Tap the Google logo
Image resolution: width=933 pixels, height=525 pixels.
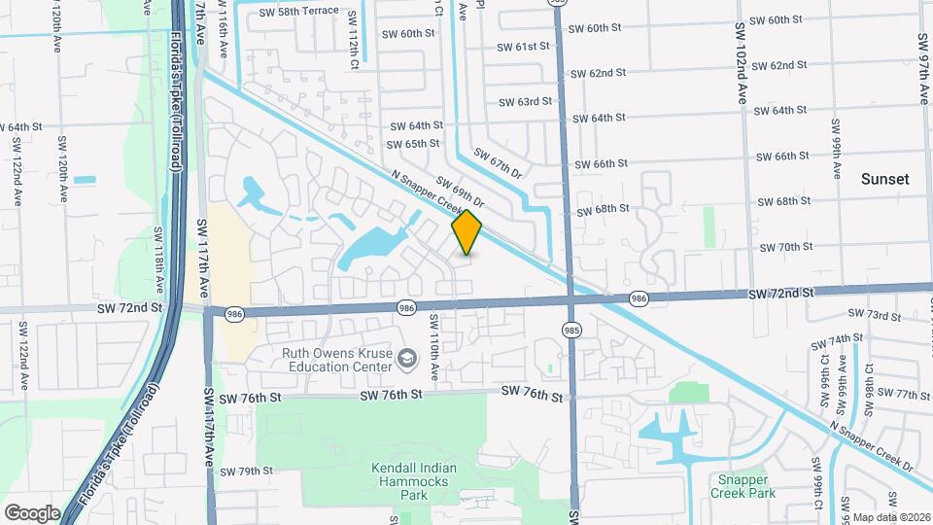(x=32, y=512)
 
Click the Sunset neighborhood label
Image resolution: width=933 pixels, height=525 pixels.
(x=884, y=179)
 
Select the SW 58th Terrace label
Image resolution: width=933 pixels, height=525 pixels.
(x=300, y=11)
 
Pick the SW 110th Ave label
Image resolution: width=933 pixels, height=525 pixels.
(x=434, y=347)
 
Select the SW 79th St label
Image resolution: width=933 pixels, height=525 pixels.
(x=246, y=472)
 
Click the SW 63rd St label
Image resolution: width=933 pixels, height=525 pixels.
(x=525, y=101)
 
